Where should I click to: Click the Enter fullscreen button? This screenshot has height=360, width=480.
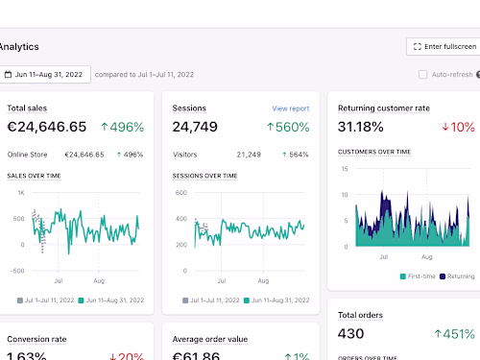443,46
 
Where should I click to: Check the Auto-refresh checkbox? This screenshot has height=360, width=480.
423,74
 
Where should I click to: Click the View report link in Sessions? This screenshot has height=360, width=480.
290,108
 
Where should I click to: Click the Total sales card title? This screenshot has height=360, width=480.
27,108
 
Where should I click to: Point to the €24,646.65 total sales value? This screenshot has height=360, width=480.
46,127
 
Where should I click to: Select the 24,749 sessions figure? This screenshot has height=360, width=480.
195,127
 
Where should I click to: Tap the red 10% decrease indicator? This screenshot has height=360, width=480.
458,127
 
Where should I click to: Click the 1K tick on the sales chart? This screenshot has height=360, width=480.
20,193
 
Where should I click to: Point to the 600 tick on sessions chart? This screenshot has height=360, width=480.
180,193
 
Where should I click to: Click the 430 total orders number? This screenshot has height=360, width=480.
352,333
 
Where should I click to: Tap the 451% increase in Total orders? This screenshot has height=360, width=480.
453,333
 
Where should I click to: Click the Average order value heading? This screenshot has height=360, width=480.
210,339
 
